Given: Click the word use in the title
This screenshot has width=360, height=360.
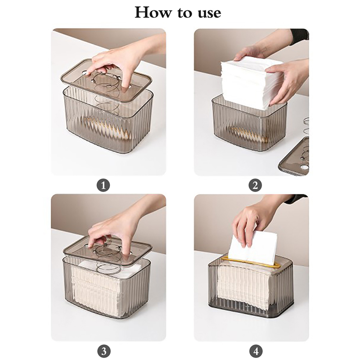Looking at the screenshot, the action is pyautogui.click(x=209, y=13).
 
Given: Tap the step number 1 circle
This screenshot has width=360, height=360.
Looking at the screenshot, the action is pyautogui.click(x=103, y=185).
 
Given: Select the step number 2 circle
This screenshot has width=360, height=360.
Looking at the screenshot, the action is pyautogui.click(x=255, y=185).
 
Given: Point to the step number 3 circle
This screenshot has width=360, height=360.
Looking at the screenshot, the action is pyautogui.click(x=104, y=351).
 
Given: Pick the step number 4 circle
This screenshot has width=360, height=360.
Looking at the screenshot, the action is pyautogui.click(x=256, y=351).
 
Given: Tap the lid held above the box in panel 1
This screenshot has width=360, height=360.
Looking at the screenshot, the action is pyautogui.click(x=107, y=79).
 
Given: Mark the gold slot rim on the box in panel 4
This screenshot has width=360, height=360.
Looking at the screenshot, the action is pyautogui.click(x=251, y=262).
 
